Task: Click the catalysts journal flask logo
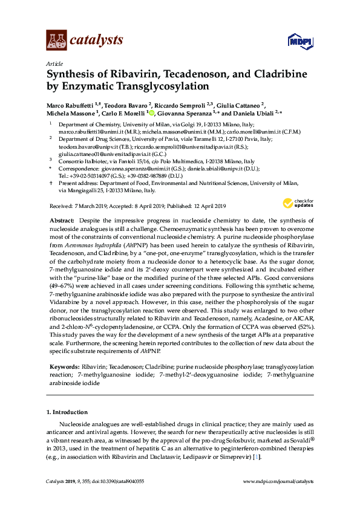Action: [57, 40]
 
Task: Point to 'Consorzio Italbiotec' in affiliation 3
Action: [82, 162]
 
